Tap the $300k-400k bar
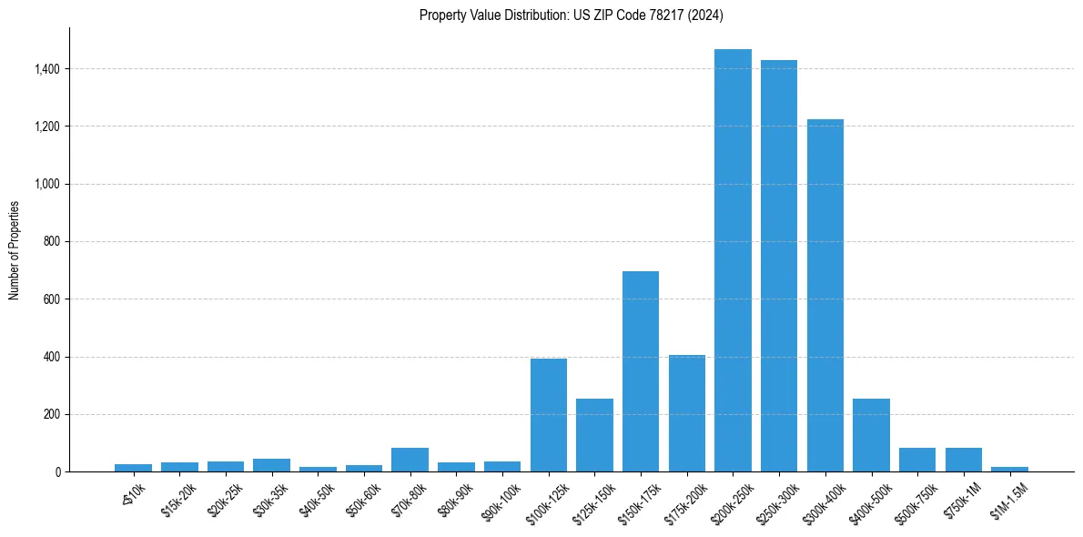coord(825,296)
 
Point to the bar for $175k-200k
coord(687,413)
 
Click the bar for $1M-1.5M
coord(1009,469)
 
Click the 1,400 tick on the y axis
coord(47,69)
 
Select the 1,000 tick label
coord(47,184)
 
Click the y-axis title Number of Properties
coord(15,250)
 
